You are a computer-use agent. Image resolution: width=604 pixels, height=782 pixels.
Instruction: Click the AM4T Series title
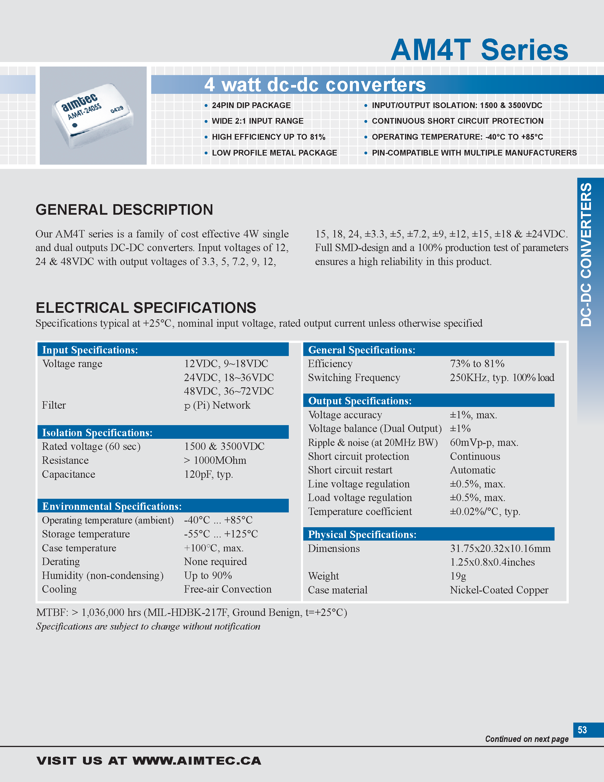pos(480,50)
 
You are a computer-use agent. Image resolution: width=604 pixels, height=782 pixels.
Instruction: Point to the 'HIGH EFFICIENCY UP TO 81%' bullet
pos(268,137)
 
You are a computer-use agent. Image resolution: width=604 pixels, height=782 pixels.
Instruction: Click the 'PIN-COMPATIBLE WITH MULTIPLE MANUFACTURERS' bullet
pos(474,153)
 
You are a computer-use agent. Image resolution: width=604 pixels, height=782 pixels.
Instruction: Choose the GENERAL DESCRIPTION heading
pos(124,210)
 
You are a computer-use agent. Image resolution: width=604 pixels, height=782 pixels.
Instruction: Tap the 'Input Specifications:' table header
pos(90,350)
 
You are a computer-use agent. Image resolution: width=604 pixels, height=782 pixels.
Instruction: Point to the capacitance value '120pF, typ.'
pos(208,474)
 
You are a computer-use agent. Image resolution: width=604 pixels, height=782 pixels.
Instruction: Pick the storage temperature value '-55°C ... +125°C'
pos(221,534)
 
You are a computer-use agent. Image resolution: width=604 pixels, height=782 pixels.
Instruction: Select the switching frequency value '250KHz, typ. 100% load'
pos(502,377)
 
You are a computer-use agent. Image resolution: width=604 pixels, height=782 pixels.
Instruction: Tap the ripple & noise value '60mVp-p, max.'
pos(484,442)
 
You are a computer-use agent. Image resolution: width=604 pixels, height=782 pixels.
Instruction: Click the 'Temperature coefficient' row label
pos(360,511)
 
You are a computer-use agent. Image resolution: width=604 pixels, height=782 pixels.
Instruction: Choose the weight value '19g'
pos(458,576)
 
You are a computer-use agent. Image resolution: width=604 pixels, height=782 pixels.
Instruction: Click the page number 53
pos(582,730)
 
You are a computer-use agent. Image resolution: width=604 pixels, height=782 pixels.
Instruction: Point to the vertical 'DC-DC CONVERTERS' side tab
pos(586,254)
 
